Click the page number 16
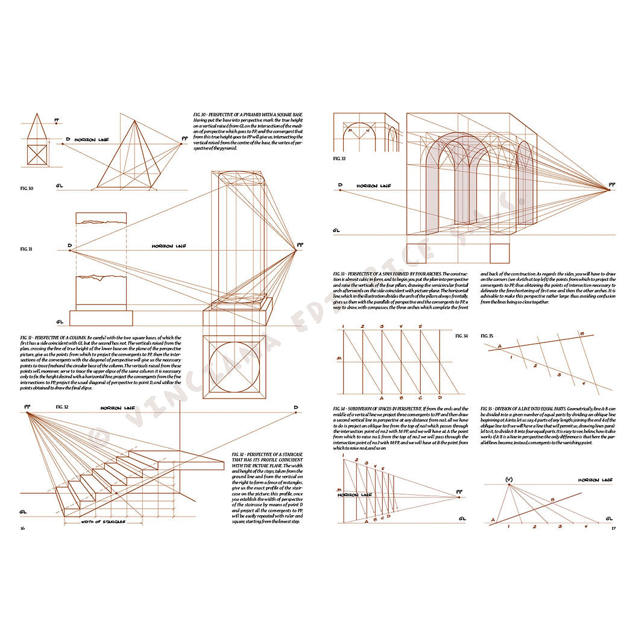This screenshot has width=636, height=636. click(22, 528)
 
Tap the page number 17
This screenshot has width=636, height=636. click(613, 529)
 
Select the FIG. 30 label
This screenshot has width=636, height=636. click(27, 189)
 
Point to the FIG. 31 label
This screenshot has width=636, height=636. click(26, 248)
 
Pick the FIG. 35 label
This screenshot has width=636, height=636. click(486, 335)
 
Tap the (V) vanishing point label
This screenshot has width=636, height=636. click(509, 480)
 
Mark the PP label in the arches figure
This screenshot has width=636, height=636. click(612, 184)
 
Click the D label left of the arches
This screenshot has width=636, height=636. click(340, 185)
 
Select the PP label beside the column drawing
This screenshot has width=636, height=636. click(300, 245)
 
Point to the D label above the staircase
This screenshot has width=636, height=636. click(295, 408)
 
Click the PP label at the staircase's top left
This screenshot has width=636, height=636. click(28, 407)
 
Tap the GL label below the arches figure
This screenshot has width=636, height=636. click(336, 230)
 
